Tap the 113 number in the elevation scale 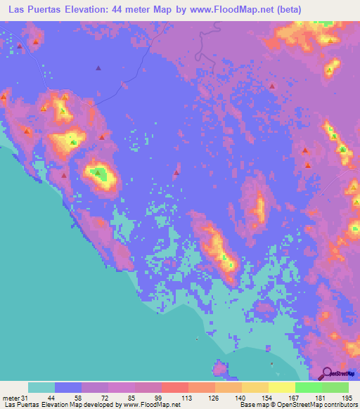click(x=188, y=398)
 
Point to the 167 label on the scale click(x=295, y=398)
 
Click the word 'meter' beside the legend click(x=11, y=398)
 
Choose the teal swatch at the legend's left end click(x=41, y=387)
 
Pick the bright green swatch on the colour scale click(x=308, y=387)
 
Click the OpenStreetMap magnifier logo click(x=327, y=373)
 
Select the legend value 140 click(x=241, y=398)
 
